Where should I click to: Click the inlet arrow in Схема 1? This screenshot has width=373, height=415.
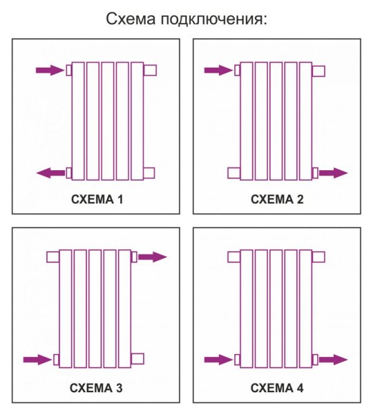50,70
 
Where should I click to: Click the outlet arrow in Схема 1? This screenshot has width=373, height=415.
50,173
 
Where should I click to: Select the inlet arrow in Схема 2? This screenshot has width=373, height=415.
218,70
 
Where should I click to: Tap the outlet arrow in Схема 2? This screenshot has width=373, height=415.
333,173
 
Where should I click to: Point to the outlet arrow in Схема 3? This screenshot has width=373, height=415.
153,257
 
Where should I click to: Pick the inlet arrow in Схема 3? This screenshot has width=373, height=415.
37,360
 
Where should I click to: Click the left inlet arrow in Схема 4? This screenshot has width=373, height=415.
218,360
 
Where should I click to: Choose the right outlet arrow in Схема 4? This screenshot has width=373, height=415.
333,360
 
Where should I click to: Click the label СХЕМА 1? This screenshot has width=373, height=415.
97,199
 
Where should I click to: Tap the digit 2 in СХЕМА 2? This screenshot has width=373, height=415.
300,199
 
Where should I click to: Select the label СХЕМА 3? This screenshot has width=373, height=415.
96,388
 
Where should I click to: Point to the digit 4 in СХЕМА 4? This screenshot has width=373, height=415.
300,388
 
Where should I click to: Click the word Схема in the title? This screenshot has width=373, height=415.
131,19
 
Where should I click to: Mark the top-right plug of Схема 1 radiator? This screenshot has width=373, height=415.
150,70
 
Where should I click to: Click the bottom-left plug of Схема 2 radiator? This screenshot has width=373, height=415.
234,173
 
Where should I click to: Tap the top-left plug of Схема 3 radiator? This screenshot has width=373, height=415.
53,257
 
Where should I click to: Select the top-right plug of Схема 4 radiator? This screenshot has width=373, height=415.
318,257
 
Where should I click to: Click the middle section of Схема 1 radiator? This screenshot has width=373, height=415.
108,121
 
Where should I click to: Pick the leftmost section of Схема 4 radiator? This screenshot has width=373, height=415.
247,309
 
